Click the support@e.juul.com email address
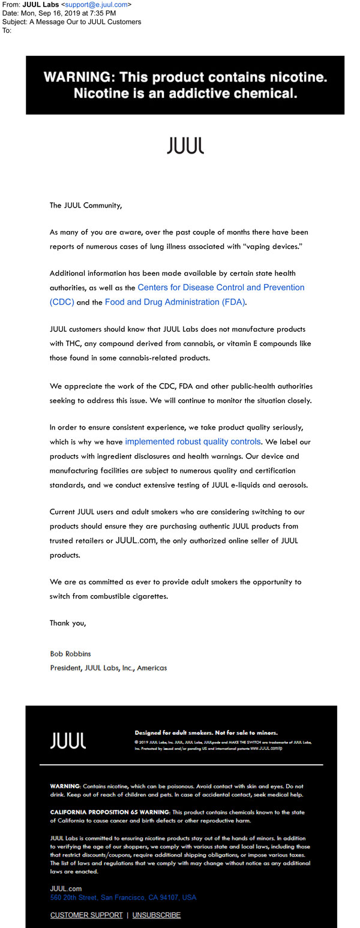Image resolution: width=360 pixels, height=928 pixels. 97,5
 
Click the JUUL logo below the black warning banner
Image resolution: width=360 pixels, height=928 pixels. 185,146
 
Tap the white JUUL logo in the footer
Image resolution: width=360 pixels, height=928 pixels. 68,740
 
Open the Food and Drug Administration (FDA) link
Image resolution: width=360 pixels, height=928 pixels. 175,302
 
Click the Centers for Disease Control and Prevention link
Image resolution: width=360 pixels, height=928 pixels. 221,288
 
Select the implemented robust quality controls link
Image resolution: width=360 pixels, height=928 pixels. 193,442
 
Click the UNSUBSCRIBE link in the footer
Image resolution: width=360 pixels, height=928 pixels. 157,915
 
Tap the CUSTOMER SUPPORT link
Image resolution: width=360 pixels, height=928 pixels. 86,915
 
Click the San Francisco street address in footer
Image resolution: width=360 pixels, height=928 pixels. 123,897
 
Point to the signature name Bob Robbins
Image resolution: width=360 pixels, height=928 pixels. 70,653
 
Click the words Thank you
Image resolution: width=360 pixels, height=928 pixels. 68,623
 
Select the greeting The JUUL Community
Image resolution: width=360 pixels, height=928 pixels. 86,205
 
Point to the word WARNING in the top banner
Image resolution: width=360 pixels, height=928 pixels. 77,77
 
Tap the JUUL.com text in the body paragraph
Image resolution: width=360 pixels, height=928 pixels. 136,540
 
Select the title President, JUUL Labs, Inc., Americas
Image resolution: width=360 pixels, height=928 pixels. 109,668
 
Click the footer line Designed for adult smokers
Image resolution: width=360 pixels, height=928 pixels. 206,732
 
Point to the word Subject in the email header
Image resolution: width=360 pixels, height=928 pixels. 14,22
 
